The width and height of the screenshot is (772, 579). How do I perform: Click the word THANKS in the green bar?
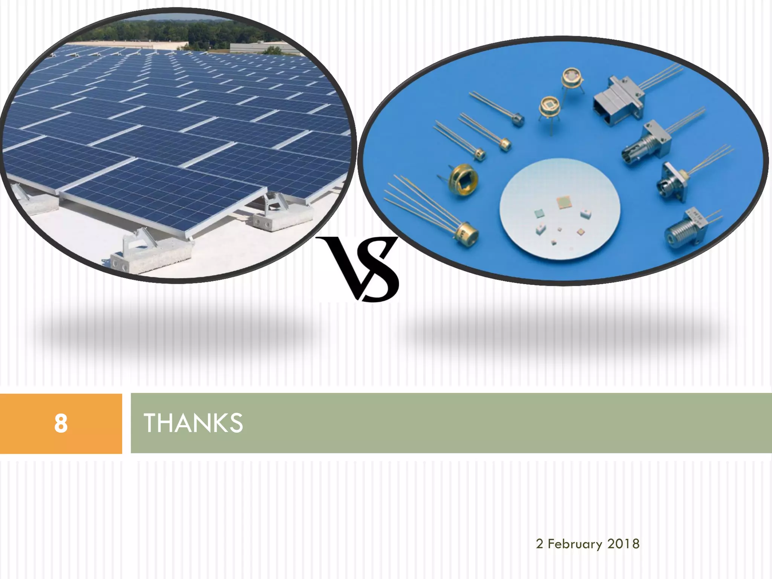[193, 423]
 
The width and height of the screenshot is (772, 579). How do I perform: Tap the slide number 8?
[61, 423]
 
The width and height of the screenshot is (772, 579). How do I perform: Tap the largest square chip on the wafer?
[564, 202]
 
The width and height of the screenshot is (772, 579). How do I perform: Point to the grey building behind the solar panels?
[264, 48]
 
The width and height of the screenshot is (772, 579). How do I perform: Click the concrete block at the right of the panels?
[283, 219]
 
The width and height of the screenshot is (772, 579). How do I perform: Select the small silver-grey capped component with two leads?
[518, 119]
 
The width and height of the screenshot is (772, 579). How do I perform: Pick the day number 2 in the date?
[539, 544]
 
